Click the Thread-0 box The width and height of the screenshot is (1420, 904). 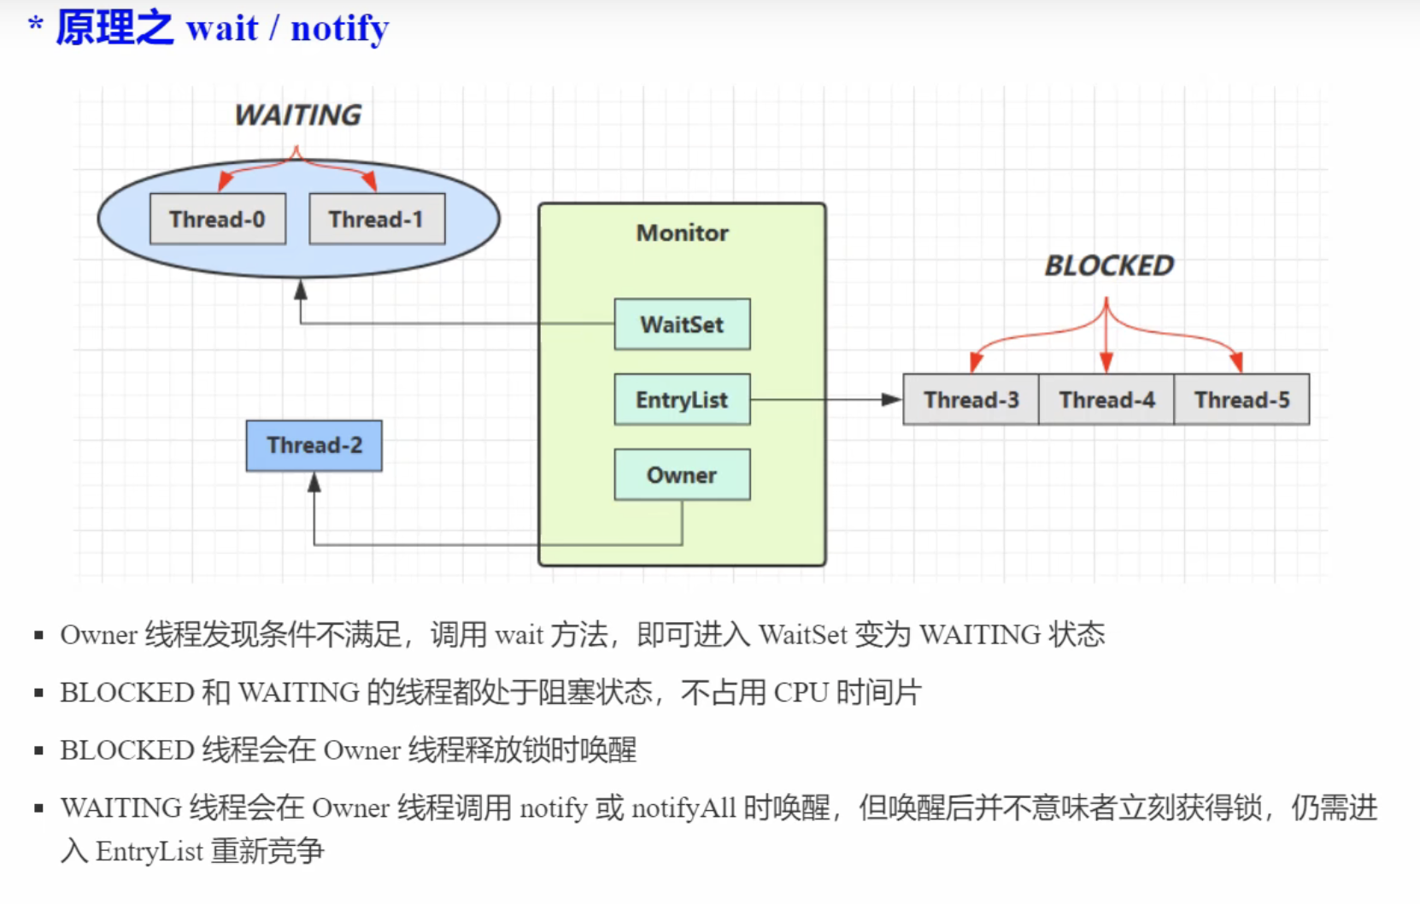pyautogui.click(x=217, y=220)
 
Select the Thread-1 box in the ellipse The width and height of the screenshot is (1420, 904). pyautogui.click(x=377, y=220)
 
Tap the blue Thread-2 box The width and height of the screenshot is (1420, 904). pyautogui.click(x=314, y=445)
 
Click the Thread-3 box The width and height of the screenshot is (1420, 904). pyautogui.click(x=971, y=400)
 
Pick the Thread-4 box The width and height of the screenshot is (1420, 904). pyautogui.click(x=1106, y=400)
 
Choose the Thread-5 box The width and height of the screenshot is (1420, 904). pyautogui.click(x=1241, y=400)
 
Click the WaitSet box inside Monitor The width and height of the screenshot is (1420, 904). pyautogui.click(x=682, y=325)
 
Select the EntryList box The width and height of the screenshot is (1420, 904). pyautogui.click(x=682, y=400)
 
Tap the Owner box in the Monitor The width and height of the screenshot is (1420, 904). pyautogui.click(x=682, y=475)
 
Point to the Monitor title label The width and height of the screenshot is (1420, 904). pyautogui.click(x=682, y=232)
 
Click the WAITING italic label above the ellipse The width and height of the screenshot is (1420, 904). pyautogui.click(x=297, y=115)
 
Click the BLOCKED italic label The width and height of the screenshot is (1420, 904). pyautogui.click(x=1109, y=266)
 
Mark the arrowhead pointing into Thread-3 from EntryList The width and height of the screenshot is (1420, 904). pyautogui.click(x=891, y=400)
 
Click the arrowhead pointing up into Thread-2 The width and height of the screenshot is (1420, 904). pyautogui.click(x=314, y=484)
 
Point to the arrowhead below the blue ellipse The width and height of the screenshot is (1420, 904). pyautogui.click(x=301, y=291)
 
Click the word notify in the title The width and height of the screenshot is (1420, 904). pyautogui.click(x=339, y=28)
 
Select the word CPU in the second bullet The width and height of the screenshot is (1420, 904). pyautogui.click(x=801, y=692)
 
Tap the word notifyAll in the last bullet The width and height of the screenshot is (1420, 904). pyautogui.click(x=684, y=807)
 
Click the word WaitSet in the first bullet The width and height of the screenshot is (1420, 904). pyautogui.click(x=802, y=635)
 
